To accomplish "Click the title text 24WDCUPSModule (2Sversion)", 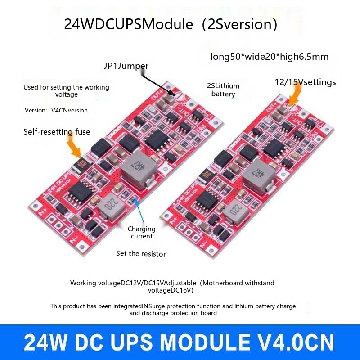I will pyautogui.click(x=171, y=24).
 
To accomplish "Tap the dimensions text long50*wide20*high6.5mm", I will pyautogui.click(x=270, y=57).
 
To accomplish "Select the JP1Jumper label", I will pyautogui.click(x=126, y=66).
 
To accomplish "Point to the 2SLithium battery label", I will pyautogui.click(x=223, y=90).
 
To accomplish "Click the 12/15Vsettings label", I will pyautogui.click(x=305, y=82).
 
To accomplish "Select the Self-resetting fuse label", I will pyautogui.click(x=57, y=132).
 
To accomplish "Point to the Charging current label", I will pyautogui.click(x=142, y=233).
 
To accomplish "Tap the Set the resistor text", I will pyautogui.click(x=141, y=253).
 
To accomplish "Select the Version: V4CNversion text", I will pyautogui.click(x=56, y=110).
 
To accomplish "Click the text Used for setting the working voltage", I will pyautogui.click(x=66, y=91).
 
